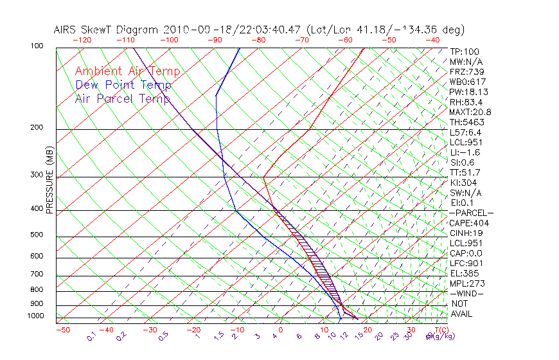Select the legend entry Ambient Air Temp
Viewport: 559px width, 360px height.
(x=128, y=71)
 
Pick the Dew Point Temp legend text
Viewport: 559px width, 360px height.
(x=123, y=85)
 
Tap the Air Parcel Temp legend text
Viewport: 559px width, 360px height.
(x=123, y=98)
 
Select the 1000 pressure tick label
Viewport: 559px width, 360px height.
(x=36, y=316)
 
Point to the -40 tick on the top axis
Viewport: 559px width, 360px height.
(x=432, y=40)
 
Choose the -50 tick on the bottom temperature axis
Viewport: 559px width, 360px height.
(x=62, y=330)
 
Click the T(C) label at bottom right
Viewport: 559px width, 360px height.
(x=440, y=330)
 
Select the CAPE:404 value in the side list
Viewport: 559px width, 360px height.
(x=469, y=223)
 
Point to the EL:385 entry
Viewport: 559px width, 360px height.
(x=464, y=273)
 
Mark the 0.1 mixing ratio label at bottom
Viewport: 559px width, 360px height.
(x=92, y=336)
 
